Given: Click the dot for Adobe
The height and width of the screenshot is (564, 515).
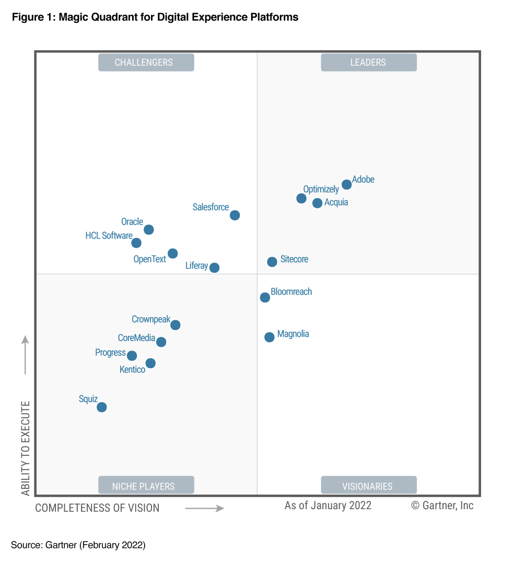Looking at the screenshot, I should click(346, 184).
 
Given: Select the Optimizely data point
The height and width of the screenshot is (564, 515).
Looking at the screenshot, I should click(301, 198).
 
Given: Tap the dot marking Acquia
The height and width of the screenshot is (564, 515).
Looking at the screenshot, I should click(318, 203).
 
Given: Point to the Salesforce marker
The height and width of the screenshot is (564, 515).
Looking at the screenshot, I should click(235, 215).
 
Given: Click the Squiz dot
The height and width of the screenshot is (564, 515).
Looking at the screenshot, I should click(102, 407).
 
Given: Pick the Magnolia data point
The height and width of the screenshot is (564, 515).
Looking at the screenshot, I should click(270, 337).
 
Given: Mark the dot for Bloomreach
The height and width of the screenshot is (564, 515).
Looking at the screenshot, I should click(265, 297).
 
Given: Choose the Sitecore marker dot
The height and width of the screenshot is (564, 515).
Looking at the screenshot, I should click(272, 262).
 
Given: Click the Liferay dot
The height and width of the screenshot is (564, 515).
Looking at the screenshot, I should click(214, 267).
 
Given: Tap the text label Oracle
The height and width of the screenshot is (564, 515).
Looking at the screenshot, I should click(132, 222).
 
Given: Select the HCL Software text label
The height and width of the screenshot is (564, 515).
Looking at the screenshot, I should click(109, 236).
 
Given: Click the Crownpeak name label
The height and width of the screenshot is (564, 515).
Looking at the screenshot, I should click(151, 319).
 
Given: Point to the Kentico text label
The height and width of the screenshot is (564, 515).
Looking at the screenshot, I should click(132, 370).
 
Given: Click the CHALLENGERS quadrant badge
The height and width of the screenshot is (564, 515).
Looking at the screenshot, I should click(146, 62).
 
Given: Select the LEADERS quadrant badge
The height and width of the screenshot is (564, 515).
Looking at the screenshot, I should click(369, 62).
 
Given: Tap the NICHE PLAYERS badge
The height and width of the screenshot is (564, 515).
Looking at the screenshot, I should click(146, 486).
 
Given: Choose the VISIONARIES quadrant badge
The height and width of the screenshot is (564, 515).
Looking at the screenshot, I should click(369, 486).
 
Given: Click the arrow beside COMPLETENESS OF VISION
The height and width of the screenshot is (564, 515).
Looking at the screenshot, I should click(205, 508).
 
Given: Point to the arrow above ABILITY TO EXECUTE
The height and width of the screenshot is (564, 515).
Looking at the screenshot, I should click(25, 355).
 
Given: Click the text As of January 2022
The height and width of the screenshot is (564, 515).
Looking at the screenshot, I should click(328, 505).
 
